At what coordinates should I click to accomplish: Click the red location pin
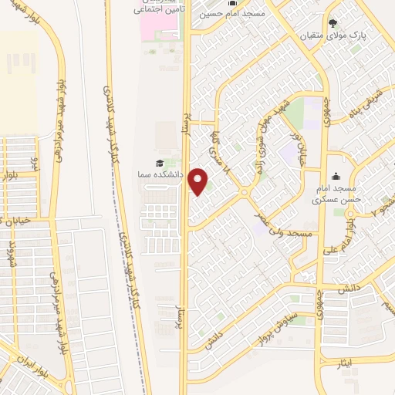coord(199,181)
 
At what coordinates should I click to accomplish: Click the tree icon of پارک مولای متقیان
coord(333,22)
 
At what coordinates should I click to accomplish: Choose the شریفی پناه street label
coord(370,110)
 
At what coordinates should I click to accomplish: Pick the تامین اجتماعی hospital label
coord(157,10)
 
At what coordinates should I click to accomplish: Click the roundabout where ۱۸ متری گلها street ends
coord(245,193)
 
